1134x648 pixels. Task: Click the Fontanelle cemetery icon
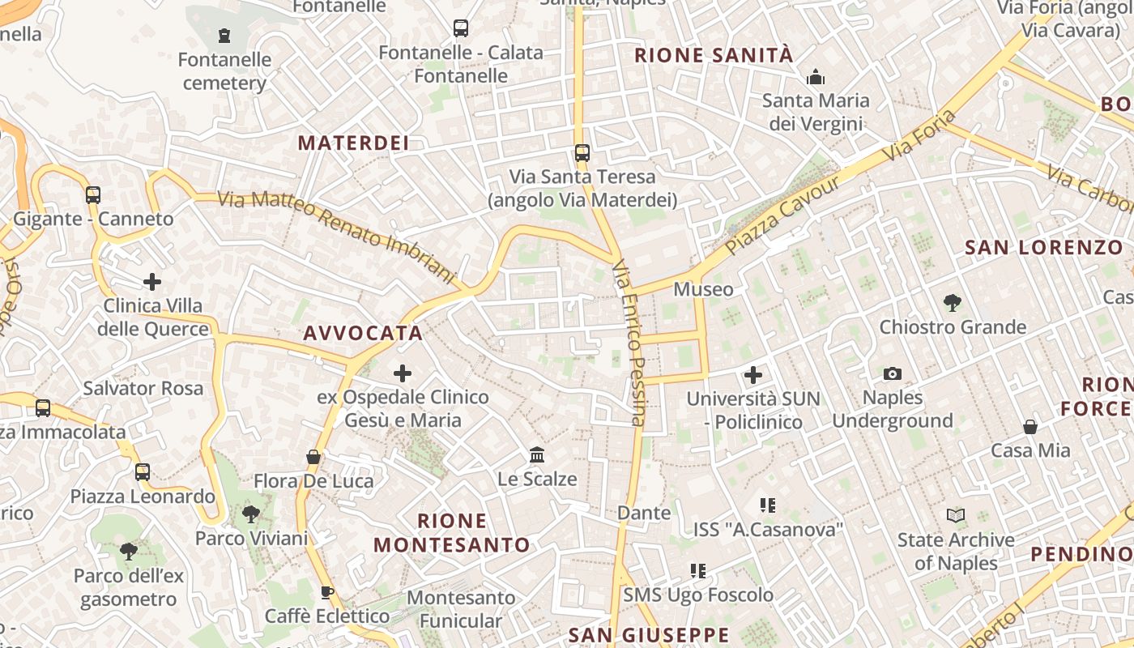click(224, 36)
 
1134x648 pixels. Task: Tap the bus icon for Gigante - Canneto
click(93, 195)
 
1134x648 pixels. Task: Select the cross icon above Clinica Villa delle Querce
click(152, 282)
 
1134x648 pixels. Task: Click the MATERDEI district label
click(353, 143)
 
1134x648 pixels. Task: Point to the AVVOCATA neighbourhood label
click(363, 333)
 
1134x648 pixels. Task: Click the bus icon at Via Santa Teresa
click(582, 152)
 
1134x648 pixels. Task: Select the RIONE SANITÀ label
click(714, 55)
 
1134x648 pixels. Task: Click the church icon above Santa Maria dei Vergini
click(816, 77)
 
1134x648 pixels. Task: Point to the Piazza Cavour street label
click(782, 215)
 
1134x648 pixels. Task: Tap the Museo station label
click(703, 289)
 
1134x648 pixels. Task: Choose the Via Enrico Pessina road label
click(629, 343)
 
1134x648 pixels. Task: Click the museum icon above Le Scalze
click(537, 454)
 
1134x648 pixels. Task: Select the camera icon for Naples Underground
click(893, 373)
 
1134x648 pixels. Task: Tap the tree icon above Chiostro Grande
click(953, 303)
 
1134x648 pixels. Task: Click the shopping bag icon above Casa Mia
click(1030, 426)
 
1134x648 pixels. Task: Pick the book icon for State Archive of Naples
click(956, 515)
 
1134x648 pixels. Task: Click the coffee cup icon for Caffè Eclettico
click(327, 592)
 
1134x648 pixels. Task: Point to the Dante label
click(644, 513)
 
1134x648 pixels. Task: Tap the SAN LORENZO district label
click(1044, 248)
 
